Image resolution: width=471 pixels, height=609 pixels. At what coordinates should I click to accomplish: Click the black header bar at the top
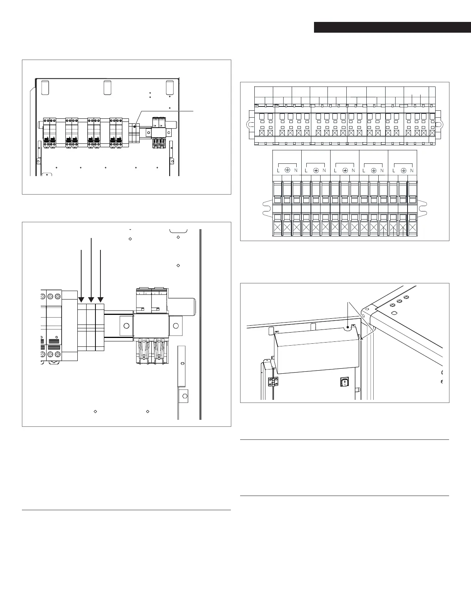(x=392, y=27)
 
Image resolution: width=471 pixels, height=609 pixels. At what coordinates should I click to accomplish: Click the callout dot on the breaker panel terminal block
(x=134, y=125)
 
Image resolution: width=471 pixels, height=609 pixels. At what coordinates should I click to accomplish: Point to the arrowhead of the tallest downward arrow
(x=91, y=300)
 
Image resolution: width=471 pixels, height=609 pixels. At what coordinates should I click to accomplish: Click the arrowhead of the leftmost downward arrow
(x=81, y=300)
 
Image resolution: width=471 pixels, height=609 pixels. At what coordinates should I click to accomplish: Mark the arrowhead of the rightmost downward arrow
(x=100, y=300)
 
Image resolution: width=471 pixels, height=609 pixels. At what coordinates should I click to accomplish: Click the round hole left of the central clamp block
(x=125, y=326)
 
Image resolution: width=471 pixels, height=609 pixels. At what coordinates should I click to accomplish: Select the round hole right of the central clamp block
(x=176, y=326)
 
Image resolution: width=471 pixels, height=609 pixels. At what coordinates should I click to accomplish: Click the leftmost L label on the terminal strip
(x=277, y=170)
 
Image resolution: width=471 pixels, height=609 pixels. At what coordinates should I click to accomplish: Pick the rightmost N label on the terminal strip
(x=412, y=170)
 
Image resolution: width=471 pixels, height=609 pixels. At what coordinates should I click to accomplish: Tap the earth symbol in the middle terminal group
(x=345, y=170)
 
